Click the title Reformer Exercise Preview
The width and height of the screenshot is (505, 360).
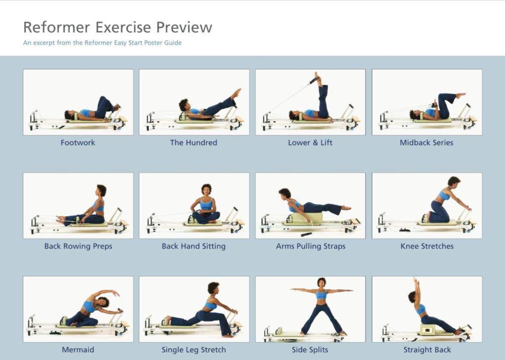[x=117, y=27]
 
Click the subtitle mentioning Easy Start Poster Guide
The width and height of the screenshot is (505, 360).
[x=102, y=43]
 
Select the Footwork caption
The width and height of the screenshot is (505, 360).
[x=78, y=143]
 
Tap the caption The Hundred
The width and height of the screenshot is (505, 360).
[x=193, y=143]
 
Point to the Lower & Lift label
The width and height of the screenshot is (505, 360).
[x=310, y=143]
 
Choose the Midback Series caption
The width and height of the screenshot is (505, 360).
[x=427, y=143]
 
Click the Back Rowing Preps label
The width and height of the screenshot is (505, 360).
[x=78, y=246]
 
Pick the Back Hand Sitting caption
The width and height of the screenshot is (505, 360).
[x=193, y=246]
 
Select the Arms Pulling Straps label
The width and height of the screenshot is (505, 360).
[x=310, y=246]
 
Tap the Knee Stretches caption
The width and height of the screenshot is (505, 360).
[x=427, y=246]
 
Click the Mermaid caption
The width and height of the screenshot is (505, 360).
[x=78, y=350]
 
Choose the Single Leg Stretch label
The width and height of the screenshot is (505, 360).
[x=193, y=350]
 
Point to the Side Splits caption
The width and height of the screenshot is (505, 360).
[x=310, y=350]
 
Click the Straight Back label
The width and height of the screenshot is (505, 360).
[x=427, y=350]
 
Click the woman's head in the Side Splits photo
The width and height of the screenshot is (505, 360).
[x=322, y=282]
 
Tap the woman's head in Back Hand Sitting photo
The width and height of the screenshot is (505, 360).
[x=206, y=189]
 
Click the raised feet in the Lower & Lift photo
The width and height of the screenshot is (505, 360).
[x=318, y=78]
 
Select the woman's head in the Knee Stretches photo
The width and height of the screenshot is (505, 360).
[x=454, y=181]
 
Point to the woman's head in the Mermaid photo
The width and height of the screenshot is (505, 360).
[x=103, y=301]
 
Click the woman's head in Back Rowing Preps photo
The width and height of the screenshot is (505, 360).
[x=101, y=190]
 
